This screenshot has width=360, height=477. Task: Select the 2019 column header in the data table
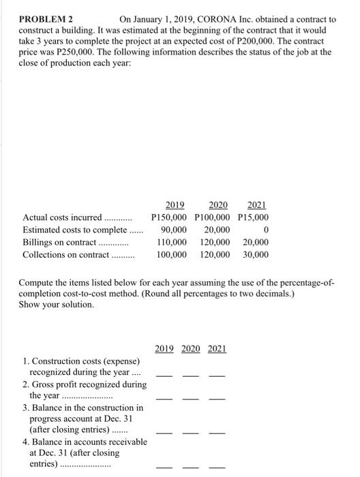pos(176,204)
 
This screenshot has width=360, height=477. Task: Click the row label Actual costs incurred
pos(61,217)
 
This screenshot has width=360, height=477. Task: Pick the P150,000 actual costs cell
pos(172,217)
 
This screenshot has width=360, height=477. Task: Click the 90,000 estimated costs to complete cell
pos(175,230)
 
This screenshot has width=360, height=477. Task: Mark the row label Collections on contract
pos(65,255)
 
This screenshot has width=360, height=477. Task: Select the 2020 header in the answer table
pos(191,348)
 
